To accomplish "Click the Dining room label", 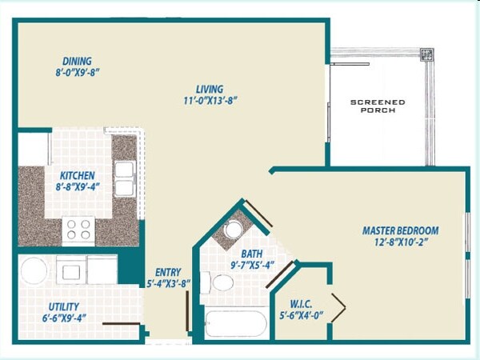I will coord(78,61).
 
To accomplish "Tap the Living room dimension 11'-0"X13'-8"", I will coord(210,101).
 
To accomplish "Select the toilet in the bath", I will coord(217,282).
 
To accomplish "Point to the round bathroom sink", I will coord(233,230).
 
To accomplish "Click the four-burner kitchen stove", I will coord(78,230).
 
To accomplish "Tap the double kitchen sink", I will coord(124,178).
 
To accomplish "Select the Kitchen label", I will coord(77,175).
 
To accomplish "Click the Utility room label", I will coord(63,306).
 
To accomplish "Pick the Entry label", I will coord(168,272).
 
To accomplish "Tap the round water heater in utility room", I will coord(34,270).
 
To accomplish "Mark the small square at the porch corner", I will coord(427,55).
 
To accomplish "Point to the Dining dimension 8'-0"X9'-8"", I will coord(78,72).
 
